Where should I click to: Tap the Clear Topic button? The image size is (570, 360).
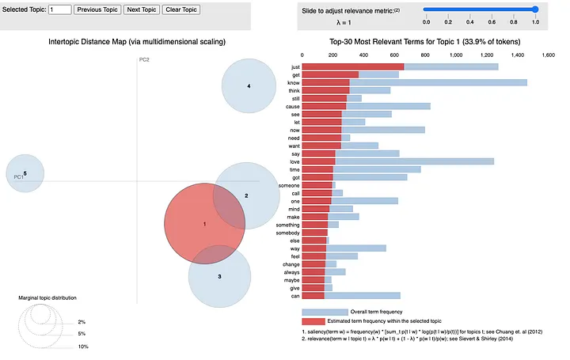(182, 10)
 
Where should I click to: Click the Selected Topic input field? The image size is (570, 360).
(59, 10)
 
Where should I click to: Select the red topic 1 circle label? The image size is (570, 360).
(204, 225)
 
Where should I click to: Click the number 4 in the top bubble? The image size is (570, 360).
(249, 85)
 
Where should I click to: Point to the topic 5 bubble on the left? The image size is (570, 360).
(25, 173)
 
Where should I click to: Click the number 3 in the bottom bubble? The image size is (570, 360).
(219, 276)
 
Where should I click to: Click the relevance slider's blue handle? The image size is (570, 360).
(535, 9)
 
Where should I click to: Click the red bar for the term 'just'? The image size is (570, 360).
(353, 66)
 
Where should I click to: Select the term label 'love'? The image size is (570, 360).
(294, 161)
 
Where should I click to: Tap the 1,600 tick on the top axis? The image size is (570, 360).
(547, 55)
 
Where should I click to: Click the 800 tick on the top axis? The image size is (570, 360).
(425, 55)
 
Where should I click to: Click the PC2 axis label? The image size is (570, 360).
(144, 60)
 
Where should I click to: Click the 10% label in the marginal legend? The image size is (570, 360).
(82, 347)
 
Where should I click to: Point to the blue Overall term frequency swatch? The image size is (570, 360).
(325, 312)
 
